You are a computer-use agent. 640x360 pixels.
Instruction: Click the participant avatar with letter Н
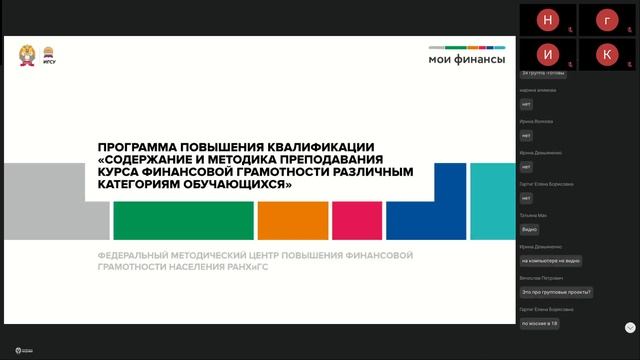click(547, 20)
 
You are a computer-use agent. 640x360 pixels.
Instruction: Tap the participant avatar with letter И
click(547, 53)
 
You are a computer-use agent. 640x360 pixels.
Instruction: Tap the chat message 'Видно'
click(530, 229)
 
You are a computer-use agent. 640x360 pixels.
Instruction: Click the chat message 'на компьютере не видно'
click(550, 261)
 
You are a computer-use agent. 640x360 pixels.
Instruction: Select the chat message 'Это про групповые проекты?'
click(557, 292)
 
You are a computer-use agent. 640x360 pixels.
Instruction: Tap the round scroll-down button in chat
click(630, 327)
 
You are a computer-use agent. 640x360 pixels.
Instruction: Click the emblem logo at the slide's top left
click(27, 55)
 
